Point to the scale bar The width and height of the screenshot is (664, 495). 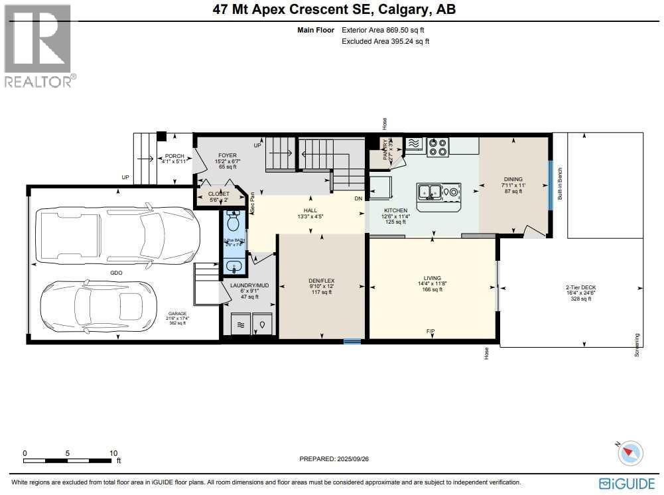coord(70,459)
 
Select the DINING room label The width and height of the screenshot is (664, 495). coord(513,179)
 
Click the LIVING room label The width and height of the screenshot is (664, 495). coord(432,279)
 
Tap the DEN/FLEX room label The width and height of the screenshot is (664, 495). coord(321,281)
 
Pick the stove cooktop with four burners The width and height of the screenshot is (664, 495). coord(438,146)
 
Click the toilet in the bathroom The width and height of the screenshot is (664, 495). coord(232,220)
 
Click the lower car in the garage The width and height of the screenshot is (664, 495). coord(92,305)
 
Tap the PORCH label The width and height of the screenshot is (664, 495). coord(174,156)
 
